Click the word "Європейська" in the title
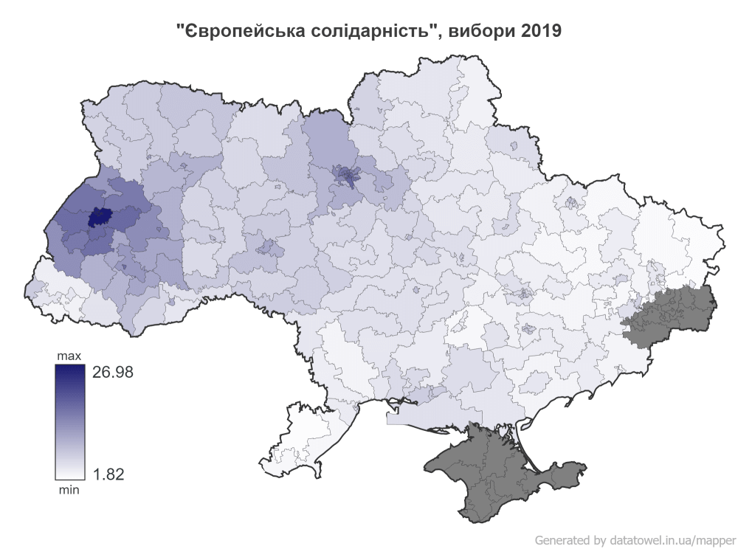coord(226,31)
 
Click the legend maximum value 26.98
coord(112,373)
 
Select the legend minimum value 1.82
coord(107,474)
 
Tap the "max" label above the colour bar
coord(69,356)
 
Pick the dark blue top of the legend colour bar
coord(69,371)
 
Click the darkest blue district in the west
coord(97,217)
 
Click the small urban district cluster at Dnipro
coord(525,293)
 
